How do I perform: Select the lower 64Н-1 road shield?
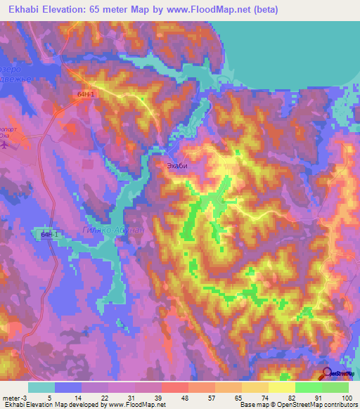tap(49, 234)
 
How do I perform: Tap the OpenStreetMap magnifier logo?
tap(328, 375)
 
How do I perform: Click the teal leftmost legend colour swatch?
tap(41, 387)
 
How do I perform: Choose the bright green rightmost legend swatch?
tap(335, 387)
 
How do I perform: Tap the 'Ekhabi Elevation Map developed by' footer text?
tap(53, 405)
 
